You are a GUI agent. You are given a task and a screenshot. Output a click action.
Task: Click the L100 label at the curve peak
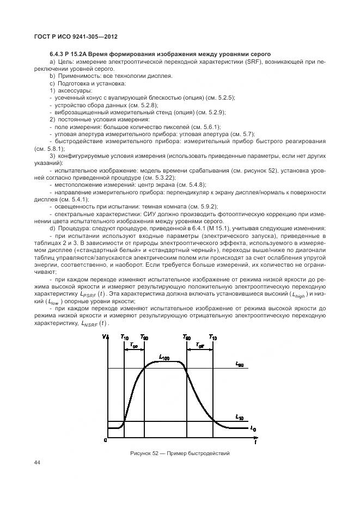164,357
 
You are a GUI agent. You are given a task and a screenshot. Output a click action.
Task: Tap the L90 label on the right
240,365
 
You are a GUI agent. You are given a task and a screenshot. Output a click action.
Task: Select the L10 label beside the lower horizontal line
239,416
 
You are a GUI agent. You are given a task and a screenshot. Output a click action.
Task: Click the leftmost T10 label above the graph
125,338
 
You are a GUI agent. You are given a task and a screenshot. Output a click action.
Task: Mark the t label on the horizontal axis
254,443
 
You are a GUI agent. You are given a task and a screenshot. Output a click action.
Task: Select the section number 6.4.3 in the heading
58,53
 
